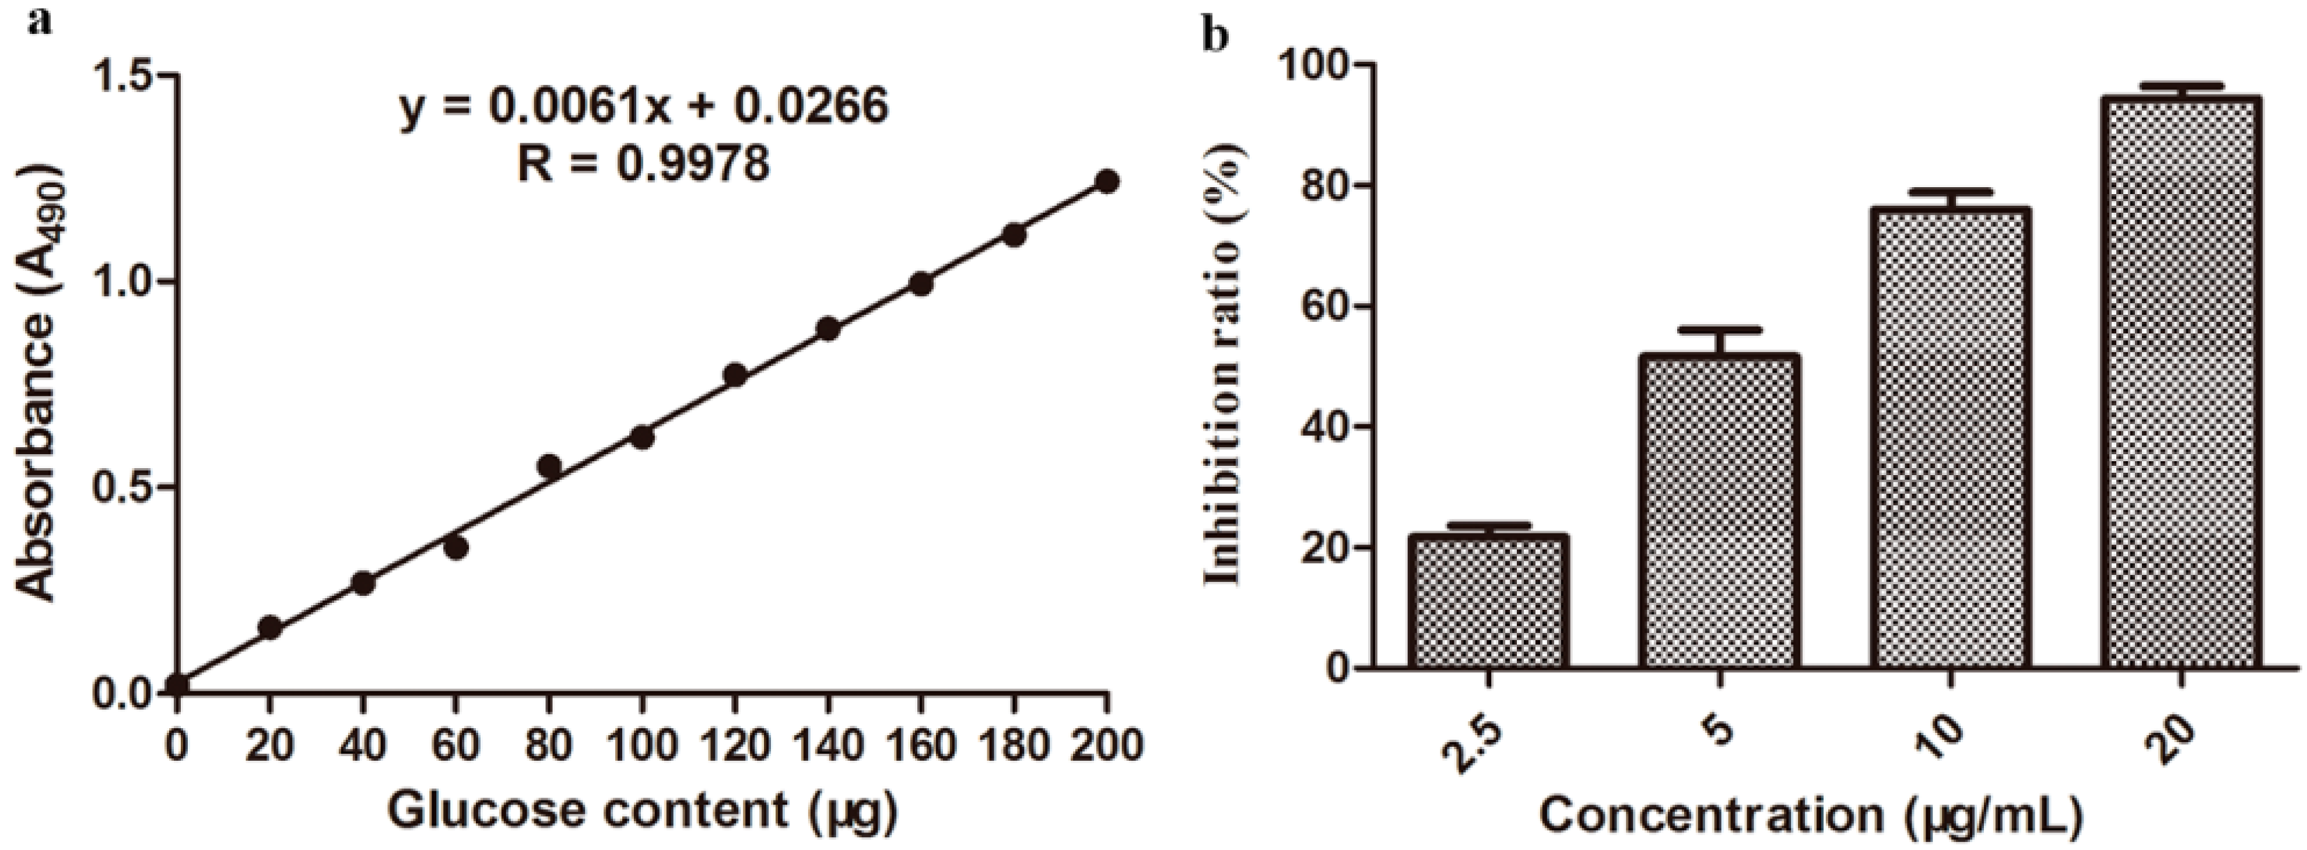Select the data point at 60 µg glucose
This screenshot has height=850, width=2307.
coord(456,548)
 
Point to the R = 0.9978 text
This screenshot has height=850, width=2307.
coord(643,165)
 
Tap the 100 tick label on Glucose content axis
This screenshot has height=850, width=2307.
coord(642,745)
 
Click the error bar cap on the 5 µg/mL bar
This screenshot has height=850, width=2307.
coord(1719,329)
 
